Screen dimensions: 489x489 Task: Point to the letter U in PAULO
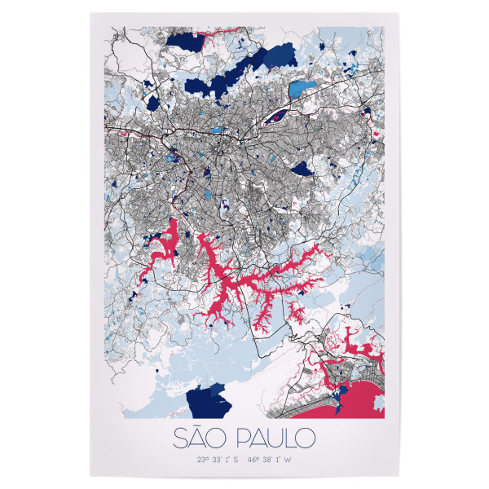[x=274, y=438]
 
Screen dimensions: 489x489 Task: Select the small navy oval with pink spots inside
[x=278, y=115]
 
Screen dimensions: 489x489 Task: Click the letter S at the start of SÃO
[x=181, y=438]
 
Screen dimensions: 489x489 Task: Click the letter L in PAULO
[x=289, y=438]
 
